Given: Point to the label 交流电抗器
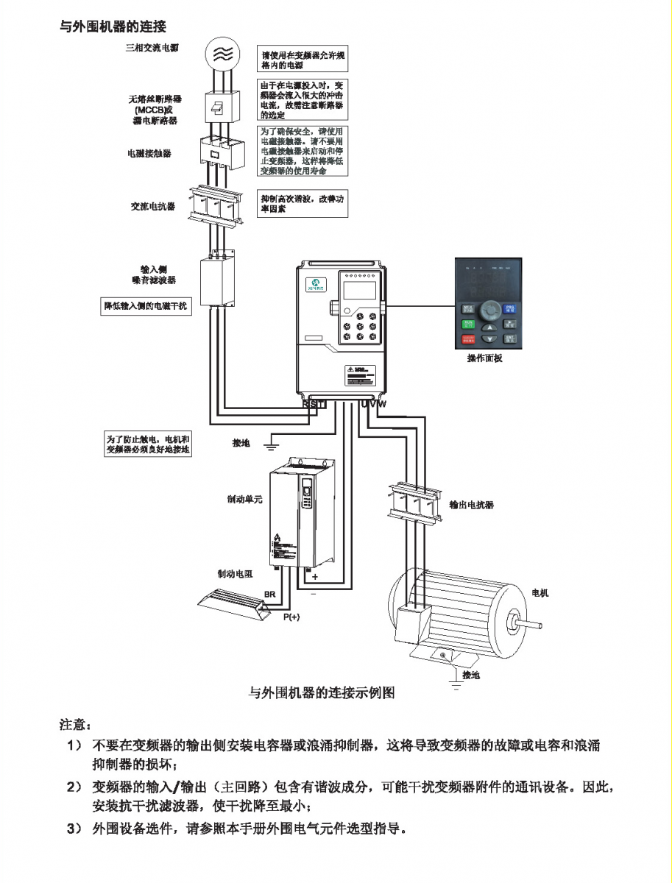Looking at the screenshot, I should [153, 207].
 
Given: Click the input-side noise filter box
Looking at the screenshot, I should [218, 280].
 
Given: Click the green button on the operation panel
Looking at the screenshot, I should [468, 322].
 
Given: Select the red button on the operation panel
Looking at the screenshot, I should [468, 340].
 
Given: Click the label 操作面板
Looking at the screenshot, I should [484, 359].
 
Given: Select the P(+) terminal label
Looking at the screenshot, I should [291, 617].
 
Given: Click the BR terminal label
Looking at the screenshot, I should [269, 594].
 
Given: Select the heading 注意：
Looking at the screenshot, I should [74, 725].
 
